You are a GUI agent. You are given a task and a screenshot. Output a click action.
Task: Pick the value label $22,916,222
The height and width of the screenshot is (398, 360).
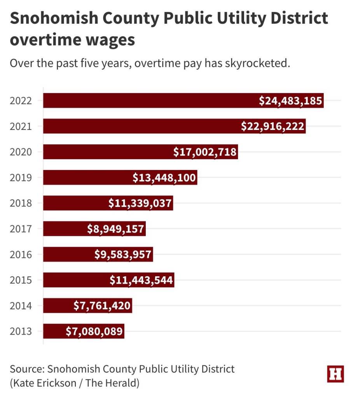pos(273,126)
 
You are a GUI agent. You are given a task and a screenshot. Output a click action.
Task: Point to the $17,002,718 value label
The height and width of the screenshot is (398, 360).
pos(205,152)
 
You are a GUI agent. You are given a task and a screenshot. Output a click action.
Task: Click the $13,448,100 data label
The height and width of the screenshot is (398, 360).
pos(164,178)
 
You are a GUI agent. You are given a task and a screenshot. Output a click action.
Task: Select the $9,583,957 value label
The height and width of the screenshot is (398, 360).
pos(123,255)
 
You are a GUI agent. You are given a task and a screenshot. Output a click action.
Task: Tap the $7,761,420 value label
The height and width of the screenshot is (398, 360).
pos(102,306)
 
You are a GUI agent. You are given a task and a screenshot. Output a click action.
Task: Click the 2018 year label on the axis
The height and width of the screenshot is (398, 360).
pos(21,203)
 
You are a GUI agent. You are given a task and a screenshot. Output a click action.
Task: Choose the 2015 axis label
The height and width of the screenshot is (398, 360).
pos(21,281)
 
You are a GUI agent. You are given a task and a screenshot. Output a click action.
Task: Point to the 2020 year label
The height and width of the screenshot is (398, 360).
pos(21,152)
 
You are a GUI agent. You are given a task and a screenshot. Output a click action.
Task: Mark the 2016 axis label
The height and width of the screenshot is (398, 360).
pos(21,255)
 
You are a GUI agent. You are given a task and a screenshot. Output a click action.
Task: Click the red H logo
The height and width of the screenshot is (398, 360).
pos(336,374)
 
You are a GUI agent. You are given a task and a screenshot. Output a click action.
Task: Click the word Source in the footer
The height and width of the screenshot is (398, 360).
pos(26,368)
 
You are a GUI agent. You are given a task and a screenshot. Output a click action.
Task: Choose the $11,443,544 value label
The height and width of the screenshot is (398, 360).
pos(141,281)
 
